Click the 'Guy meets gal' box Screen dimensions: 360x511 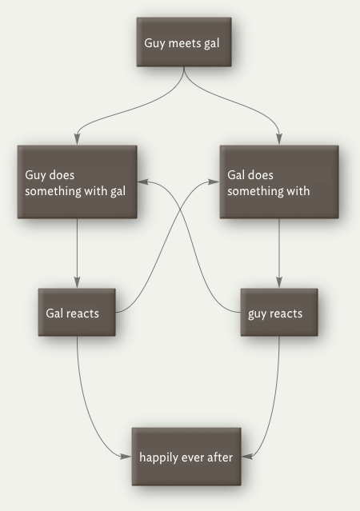[x=184, y=42]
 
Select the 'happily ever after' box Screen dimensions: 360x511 [x=186, y=457]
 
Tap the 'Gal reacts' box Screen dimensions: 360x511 [x=77, y=312]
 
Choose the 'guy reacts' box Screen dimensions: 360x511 [x=279, y=312]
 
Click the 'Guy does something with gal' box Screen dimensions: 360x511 [x=77, y=182]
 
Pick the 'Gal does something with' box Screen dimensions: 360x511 [x=279, y=182]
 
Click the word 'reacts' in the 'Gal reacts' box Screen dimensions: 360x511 [x=82, y=313]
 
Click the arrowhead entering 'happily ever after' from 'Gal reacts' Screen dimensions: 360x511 [x=126, y=457]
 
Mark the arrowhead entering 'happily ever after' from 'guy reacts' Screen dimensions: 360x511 [x=247, y=457]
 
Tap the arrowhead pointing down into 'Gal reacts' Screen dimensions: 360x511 [x=77, y=282]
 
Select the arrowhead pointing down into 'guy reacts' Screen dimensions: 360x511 [x=279, y=282]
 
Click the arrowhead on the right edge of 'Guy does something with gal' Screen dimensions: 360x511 [x=143, y=182]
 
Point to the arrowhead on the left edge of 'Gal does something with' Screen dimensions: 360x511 [x=214, y=182]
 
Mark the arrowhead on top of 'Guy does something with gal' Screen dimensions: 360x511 [x=77, y=139]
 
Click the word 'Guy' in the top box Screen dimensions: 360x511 [x=154, y=44]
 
